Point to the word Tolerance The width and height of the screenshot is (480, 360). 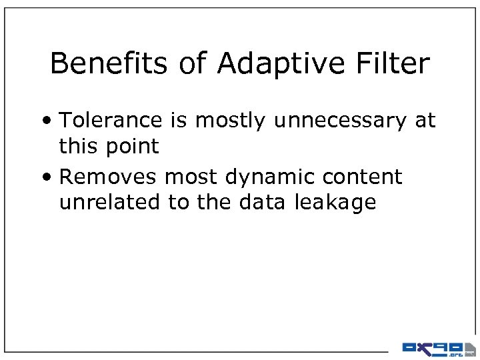[x=110, y=121]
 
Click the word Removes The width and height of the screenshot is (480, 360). [x=108, y=177]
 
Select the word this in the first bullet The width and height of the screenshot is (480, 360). [x=76, y=146]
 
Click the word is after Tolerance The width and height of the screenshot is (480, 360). [x=174, y=121]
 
